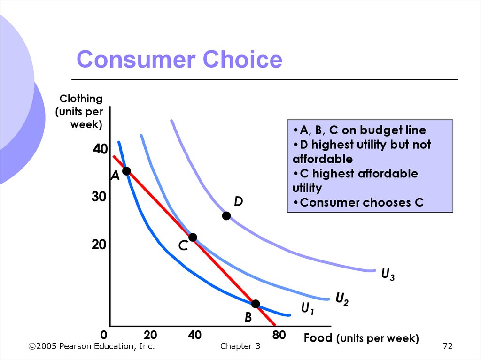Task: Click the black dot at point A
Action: tap(126, 171)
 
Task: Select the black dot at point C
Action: tap(192, 237)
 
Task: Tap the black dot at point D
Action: tap(226, 216)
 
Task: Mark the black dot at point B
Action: tap(256, 304)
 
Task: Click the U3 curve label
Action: tap(388, 274)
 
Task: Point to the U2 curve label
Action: tap(342, 299)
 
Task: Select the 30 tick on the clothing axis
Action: tap(100, 198)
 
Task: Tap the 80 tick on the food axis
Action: tap(279, 336)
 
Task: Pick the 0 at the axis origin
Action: tap(104, 336)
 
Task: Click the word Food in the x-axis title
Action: tap(318, 338)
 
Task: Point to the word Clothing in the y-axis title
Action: tap(81, 99)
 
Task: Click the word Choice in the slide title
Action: tap(242, 60)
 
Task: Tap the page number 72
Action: tap(447, 346)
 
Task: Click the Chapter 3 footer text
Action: tap(240, 346)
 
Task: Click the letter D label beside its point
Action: tap(239, 202)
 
